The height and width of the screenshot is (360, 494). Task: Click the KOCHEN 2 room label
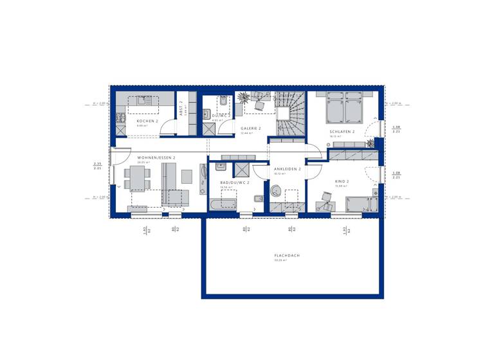tap(147, 121)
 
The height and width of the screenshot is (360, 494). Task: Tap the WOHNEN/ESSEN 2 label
tap(156, 157)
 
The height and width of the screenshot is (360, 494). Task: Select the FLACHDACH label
tap(287, 255)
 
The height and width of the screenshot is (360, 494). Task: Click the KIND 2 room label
tap(342, 181)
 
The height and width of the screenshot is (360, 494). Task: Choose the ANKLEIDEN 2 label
tap(287, 168)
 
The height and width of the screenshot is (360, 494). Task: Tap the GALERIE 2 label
tap(251, 128)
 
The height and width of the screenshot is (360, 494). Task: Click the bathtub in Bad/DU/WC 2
tap(223, 204)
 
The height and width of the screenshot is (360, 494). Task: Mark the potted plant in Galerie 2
tap(244, 98)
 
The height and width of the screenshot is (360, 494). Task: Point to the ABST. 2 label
tap(181, 107)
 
